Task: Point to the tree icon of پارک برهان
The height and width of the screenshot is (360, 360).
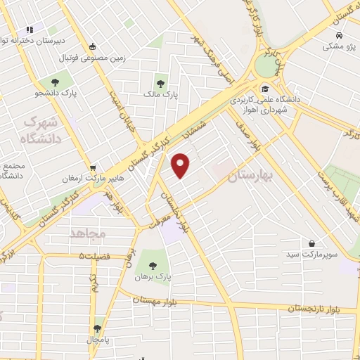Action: [153, 266]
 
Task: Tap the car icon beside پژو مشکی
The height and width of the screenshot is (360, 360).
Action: [339, 35]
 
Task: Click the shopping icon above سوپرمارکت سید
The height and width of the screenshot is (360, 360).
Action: [311, 243]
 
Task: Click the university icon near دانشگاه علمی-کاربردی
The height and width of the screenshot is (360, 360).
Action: [265, 89]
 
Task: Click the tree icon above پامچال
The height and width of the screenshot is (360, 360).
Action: [97, 328]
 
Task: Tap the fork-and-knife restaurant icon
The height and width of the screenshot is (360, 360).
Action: [29, 30]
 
